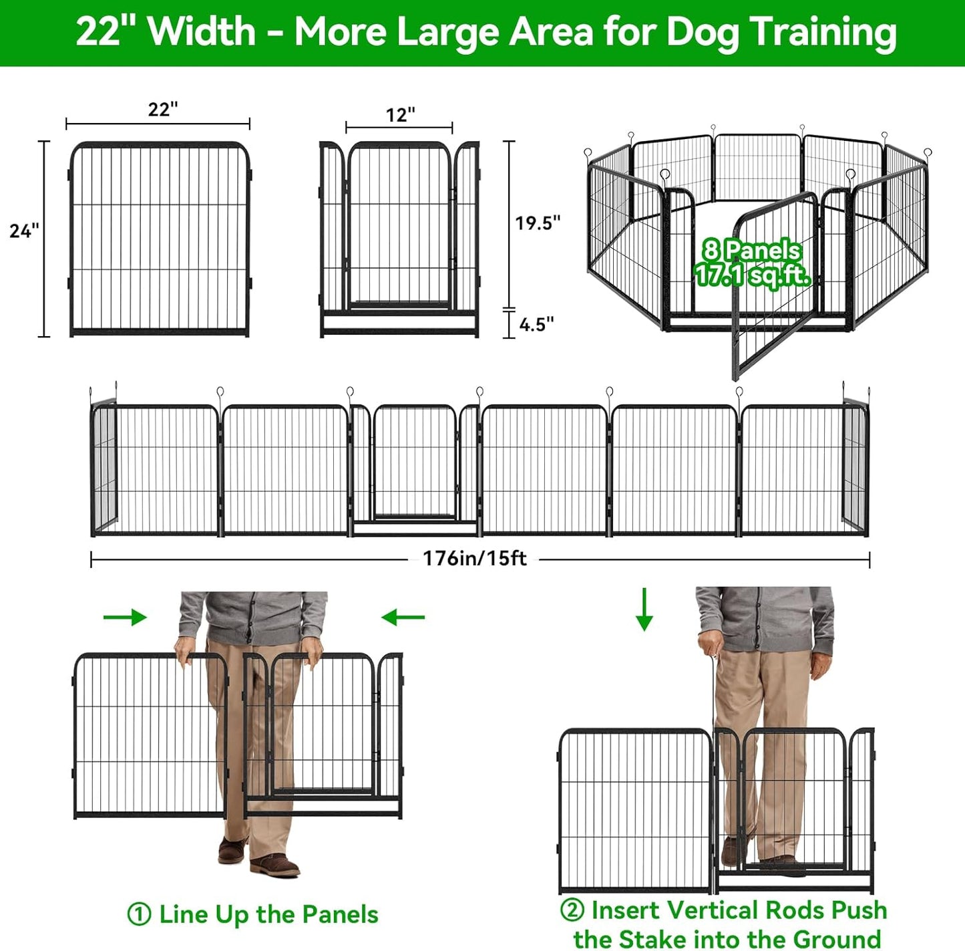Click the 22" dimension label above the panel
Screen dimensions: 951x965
(163, 109)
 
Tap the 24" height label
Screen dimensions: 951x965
(24, 231)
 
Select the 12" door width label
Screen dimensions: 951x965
(400, 115)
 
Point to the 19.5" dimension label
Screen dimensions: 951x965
(538, 223)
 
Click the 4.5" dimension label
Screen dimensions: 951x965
(536, 325)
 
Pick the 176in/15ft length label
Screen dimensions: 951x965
(474, 559)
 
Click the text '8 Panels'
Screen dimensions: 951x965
(751, 251)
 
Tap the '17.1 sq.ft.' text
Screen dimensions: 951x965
(753, 275)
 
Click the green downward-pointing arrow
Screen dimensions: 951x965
(644, 609)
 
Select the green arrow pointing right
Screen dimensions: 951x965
(125, 617)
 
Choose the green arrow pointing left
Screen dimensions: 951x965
(403, 617)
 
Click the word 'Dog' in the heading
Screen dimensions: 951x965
(703, 32)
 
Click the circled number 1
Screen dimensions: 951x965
(139, 914)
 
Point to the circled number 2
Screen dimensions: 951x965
(572, 910)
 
